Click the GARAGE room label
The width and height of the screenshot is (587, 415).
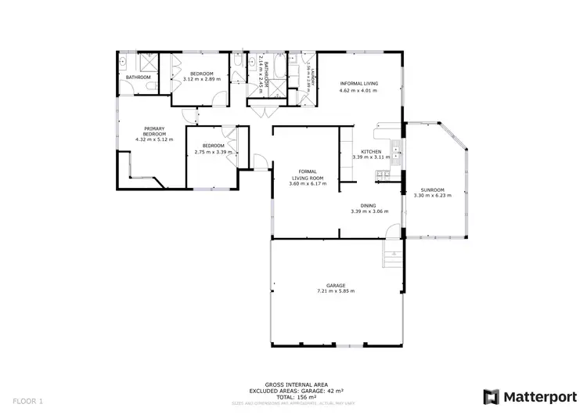click(x=336, y=285)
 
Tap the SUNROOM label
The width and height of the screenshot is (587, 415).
click(x=432, y=190)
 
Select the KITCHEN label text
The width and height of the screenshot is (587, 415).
click(x=370, y=151)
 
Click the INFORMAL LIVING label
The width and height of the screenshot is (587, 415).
click(x=358, y=83)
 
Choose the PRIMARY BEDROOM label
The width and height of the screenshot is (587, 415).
click(x=154, y=132)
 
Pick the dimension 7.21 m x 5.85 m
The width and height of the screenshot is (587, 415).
click(x=336, y=291)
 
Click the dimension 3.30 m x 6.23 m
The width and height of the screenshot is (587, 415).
click(x=432, y=197)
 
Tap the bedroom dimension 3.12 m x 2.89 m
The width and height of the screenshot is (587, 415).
click(x=201, y=79)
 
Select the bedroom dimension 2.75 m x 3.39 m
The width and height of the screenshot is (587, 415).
click(x=214, y=152)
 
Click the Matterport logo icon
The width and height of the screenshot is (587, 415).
click(x=492, y=396)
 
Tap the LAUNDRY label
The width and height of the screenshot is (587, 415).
click(x=311, y=78)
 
